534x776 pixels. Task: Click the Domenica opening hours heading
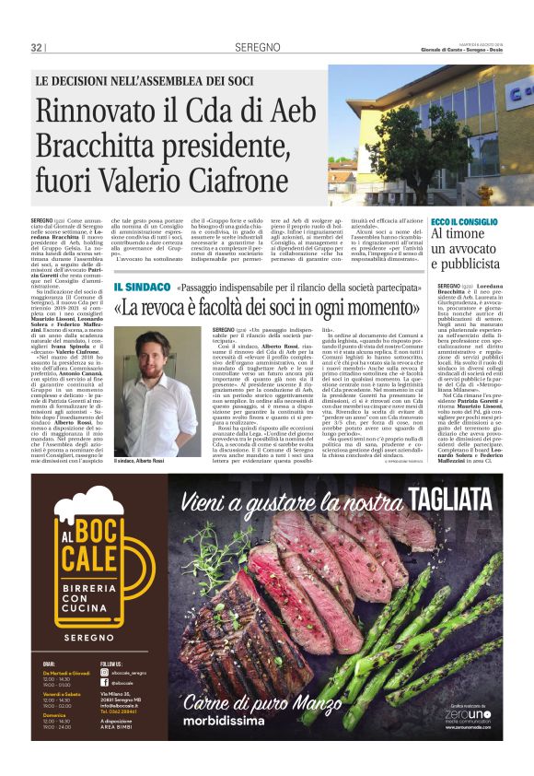(x=54, y=715)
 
